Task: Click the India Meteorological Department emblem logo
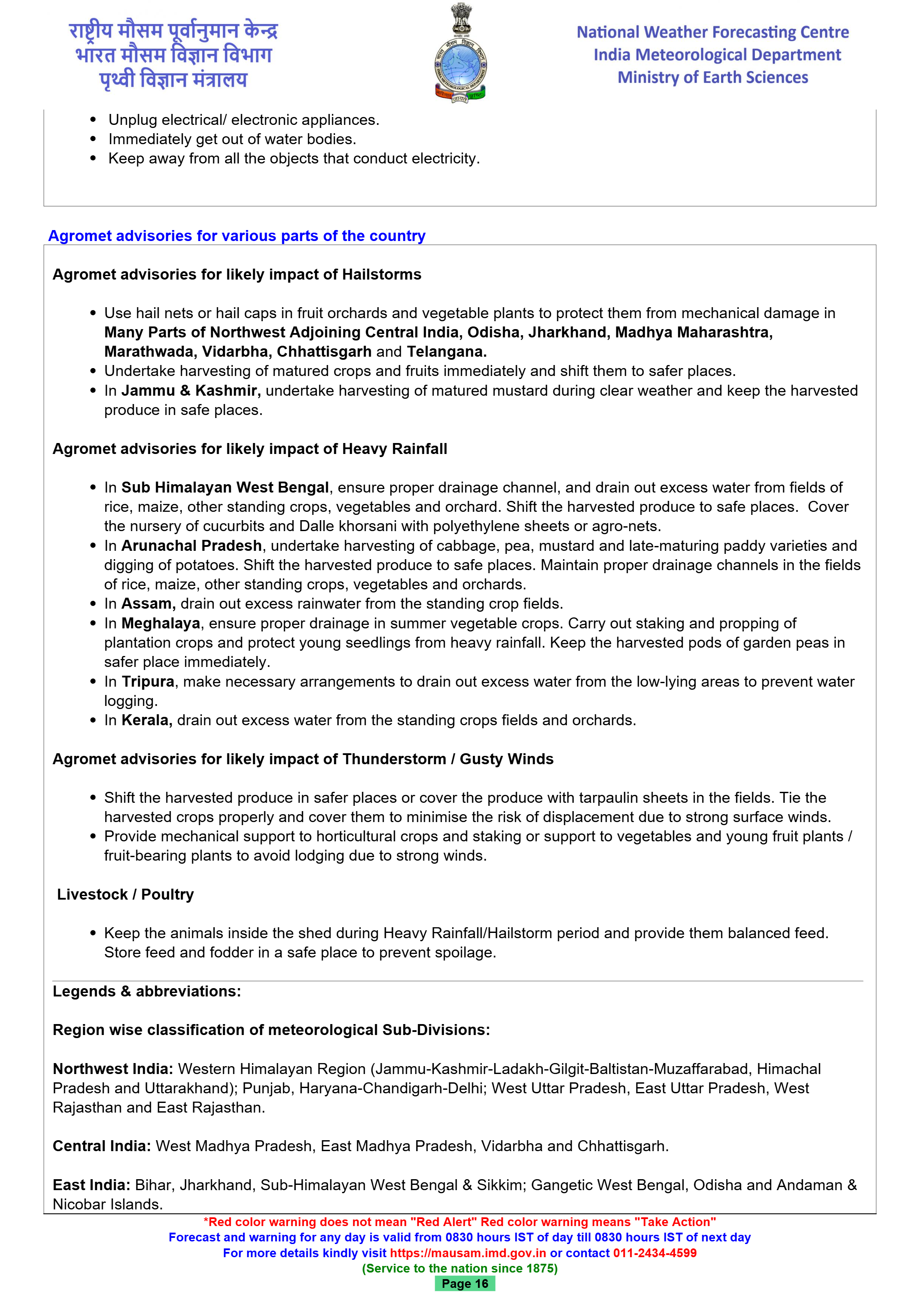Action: click(460, 54)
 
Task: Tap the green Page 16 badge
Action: click(464, 1284)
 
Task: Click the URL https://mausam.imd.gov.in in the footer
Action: click(468, 1253)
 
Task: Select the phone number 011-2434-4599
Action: click(655, 1253)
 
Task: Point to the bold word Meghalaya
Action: click(161, 623)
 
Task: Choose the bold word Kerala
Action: click(147, 720)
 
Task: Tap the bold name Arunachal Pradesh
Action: click(191, 546)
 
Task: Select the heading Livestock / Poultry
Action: click(125, 894)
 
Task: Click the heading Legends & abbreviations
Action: click(147, 991)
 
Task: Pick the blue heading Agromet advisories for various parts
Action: click(237, 236)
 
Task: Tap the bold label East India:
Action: click(91, 1185)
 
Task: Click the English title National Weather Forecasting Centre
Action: click(713, 32)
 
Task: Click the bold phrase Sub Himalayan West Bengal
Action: click(225, 487)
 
